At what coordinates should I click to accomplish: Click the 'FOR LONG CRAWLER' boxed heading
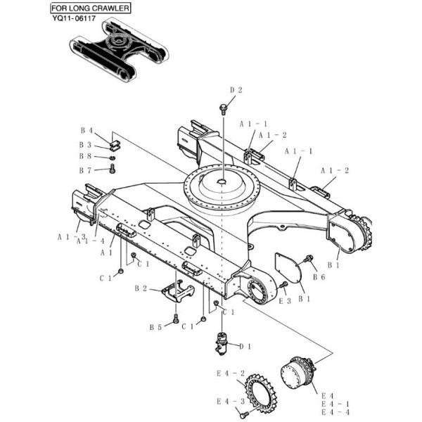89,8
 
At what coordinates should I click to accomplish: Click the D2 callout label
236,90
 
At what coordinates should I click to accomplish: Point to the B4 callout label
87,130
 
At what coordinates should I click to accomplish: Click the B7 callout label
85,170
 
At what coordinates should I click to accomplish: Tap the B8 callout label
85,156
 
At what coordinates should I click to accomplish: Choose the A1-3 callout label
71,237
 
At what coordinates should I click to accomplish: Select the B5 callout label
155,326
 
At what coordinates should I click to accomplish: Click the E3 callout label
284,300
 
